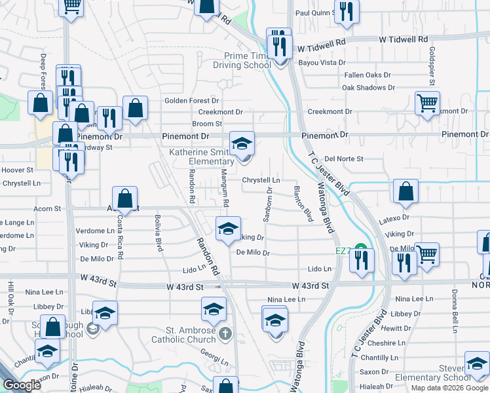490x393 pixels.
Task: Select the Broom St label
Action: click(x=207, y=123)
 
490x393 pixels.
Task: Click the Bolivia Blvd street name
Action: click(x=158, y=233)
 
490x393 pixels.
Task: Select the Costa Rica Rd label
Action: click(x=121, y=231)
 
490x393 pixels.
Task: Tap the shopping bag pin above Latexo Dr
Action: click(x=405, y=191)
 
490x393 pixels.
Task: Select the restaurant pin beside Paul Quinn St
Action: click(x=347, y=11)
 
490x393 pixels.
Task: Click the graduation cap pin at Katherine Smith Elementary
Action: click(x=242, y=143)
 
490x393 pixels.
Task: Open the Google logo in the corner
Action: click(x=22, y=385)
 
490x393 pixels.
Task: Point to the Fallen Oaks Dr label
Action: click(x=367, y=75)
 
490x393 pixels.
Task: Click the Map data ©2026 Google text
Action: click(x=449, y=388)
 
